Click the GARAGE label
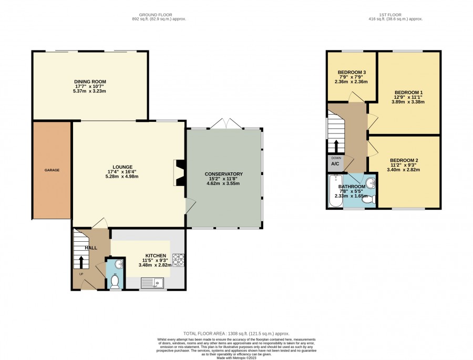[52, 170]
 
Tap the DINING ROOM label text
[90, 81]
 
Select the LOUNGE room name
[122, 167]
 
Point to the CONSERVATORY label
[223, 174]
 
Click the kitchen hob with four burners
[178, 261]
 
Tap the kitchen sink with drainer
[152, 283]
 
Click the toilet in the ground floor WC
[115, 281]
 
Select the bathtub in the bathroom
[335, 191]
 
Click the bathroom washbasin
[370, 183]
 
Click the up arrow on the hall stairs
[81, 262]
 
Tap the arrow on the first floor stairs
[336, 146]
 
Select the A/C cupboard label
[335, 164]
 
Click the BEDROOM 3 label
[352, 73]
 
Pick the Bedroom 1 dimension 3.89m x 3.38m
[408, 102]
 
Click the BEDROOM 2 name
[404, 160]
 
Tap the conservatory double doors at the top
[226, 124]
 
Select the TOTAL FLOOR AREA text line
[236, 333]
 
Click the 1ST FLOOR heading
[390, 15]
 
